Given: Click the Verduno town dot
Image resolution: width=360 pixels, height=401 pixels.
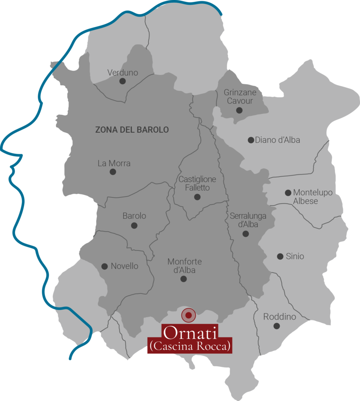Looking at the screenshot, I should [123, 81].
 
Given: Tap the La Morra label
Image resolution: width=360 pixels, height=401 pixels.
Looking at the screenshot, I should [114, 163].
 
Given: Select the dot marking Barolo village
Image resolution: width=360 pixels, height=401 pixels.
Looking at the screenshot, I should [134, 226].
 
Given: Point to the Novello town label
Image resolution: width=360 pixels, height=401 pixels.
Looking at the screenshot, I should [125, 266].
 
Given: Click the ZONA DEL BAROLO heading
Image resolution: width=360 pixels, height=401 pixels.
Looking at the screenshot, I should [132, 130].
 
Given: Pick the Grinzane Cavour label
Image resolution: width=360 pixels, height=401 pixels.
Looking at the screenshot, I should [240, 97].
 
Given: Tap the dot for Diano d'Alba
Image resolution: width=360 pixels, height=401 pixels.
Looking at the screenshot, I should [251, 140].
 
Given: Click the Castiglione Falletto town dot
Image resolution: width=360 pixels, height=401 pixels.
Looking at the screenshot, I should [197, 197].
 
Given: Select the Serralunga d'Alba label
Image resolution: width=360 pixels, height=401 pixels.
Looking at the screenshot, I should [248, 220].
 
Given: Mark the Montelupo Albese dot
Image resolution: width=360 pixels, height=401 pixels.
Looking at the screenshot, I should [288, 193].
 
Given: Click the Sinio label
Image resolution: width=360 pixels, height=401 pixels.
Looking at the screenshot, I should [295, 256].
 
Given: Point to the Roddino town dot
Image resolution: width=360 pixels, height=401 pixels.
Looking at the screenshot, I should [277, 326].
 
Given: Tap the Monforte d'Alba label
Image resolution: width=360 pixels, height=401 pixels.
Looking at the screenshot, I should [185, 266].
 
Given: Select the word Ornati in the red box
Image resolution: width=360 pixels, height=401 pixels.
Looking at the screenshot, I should [190, 333].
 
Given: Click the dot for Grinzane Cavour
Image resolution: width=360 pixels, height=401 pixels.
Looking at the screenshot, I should [239, 110].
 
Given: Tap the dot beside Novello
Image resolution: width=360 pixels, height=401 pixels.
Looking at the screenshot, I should [105, 266].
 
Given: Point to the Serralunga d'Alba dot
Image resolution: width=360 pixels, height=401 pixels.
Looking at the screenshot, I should [246, 234].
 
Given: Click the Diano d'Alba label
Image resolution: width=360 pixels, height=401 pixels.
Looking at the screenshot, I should [277, 140].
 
